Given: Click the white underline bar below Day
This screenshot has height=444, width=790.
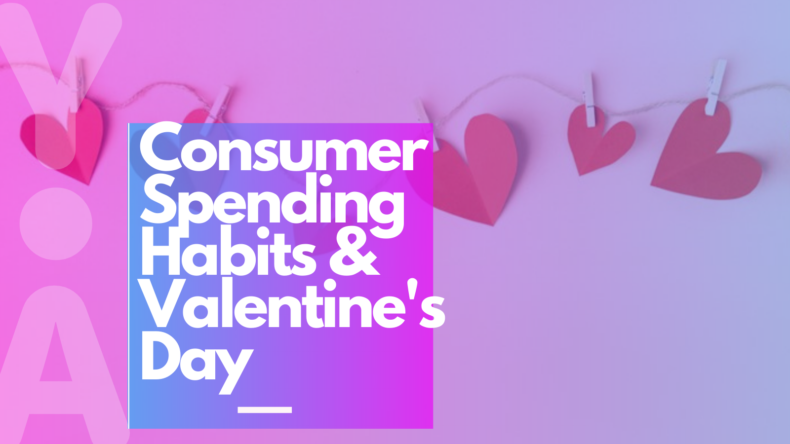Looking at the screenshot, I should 265,409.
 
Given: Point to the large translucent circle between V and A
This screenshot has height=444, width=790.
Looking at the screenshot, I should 56,223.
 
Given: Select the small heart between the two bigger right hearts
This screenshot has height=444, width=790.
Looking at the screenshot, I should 597,141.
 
